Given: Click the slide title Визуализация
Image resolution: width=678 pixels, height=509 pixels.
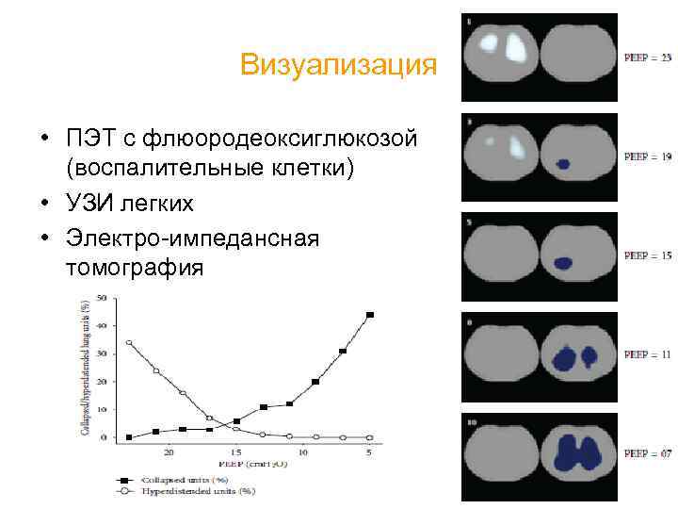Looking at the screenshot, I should (338, 65).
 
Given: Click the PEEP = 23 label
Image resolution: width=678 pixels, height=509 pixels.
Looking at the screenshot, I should (648, 58).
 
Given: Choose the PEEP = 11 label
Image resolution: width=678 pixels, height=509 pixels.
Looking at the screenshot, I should (648, 355).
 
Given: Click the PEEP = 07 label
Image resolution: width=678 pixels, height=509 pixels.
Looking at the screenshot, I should (648, 454).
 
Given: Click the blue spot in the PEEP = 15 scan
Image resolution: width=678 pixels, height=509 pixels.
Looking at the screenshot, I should (563, 263).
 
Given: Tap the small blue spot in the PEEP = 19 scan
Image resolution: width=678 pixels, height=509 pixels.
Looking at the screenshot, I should (563, 164).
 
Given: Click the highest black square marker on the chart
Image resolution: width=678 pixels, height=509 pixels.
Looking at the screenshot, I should (370, 315).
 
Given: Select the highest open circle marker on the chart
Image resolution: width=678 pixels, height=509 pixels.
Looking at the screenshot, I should (129, 342).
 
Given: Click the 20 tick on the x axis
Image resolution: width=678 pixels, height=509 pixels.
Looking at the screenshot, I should (169, 453).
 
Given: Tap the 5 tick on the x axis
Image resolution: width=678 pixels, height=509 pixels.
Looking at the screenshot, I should (369, 453).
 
